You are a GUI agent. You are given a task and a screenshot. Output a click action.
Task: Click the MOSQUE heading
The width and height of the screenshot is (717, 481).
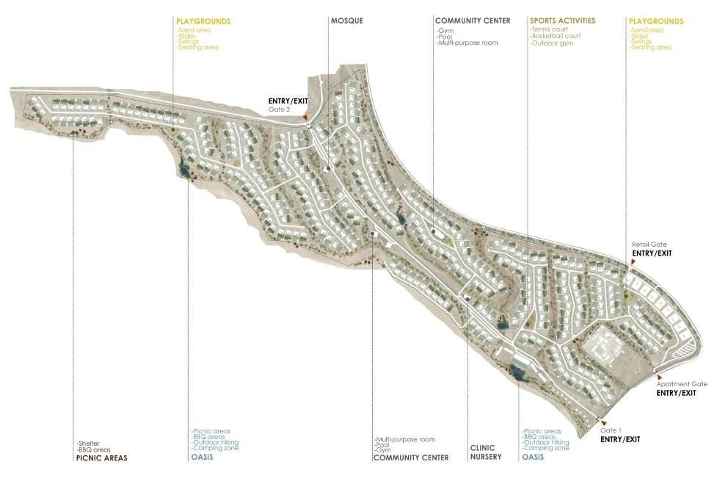point(346,21)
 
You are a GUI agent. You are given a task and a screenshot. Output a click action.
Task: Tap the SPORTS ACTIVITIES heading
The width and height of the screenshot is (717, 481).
point(562,21)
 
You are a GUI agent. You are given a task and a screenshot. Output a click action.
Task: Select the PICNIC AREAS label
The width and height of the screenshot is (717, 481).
point(101,458)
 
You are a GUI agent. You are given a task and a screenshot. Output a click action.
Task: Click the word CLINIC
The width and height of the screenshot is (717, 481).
point(482,448)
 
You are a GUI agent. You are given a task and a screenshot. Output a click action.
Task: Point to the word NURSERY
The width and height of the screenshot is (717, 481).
point(485,458)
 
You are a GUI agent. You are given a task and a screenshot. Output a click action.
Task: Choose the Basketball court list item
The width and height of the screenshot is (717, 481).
point(555,36)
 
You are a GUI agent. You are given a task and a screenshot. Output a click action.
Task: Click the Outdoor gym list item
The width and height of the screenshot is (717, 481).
point(550,43)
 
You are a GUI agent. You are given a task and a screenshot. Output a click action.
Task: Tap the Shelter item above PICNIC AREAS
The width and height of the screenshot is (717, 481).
point(88,443)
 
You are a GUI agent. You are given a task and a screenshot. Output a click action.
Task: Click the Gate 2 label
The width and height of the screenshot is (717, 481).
point(278,109)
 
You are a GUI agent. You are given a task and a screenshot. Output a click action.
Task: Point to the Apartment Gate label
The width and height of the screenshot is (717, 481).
point(681,384)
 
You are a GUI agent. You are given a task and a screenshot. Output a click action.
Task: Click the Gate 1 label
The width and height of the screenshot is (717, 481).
point(611,430)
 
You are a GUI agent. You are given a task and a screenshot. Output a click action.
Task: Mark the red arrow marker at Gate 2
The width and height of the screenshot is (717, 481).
point(305,117)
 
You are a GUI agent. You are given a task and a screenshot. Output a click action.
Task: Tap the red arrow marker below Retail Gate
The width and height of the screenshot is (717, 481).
point(633,261)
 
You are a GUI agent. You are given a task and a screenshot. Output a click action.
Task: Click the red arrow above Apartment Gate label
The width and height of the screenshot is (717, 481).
point(649,377)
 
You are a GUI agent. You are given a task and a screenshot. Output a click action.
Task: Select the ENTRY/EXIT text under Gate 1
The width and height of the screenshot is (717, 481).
point(619,439)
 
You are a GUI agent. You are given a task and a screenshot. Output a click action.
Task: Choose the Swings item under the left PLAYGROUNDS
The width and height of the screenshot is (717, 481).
point(185,42)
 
